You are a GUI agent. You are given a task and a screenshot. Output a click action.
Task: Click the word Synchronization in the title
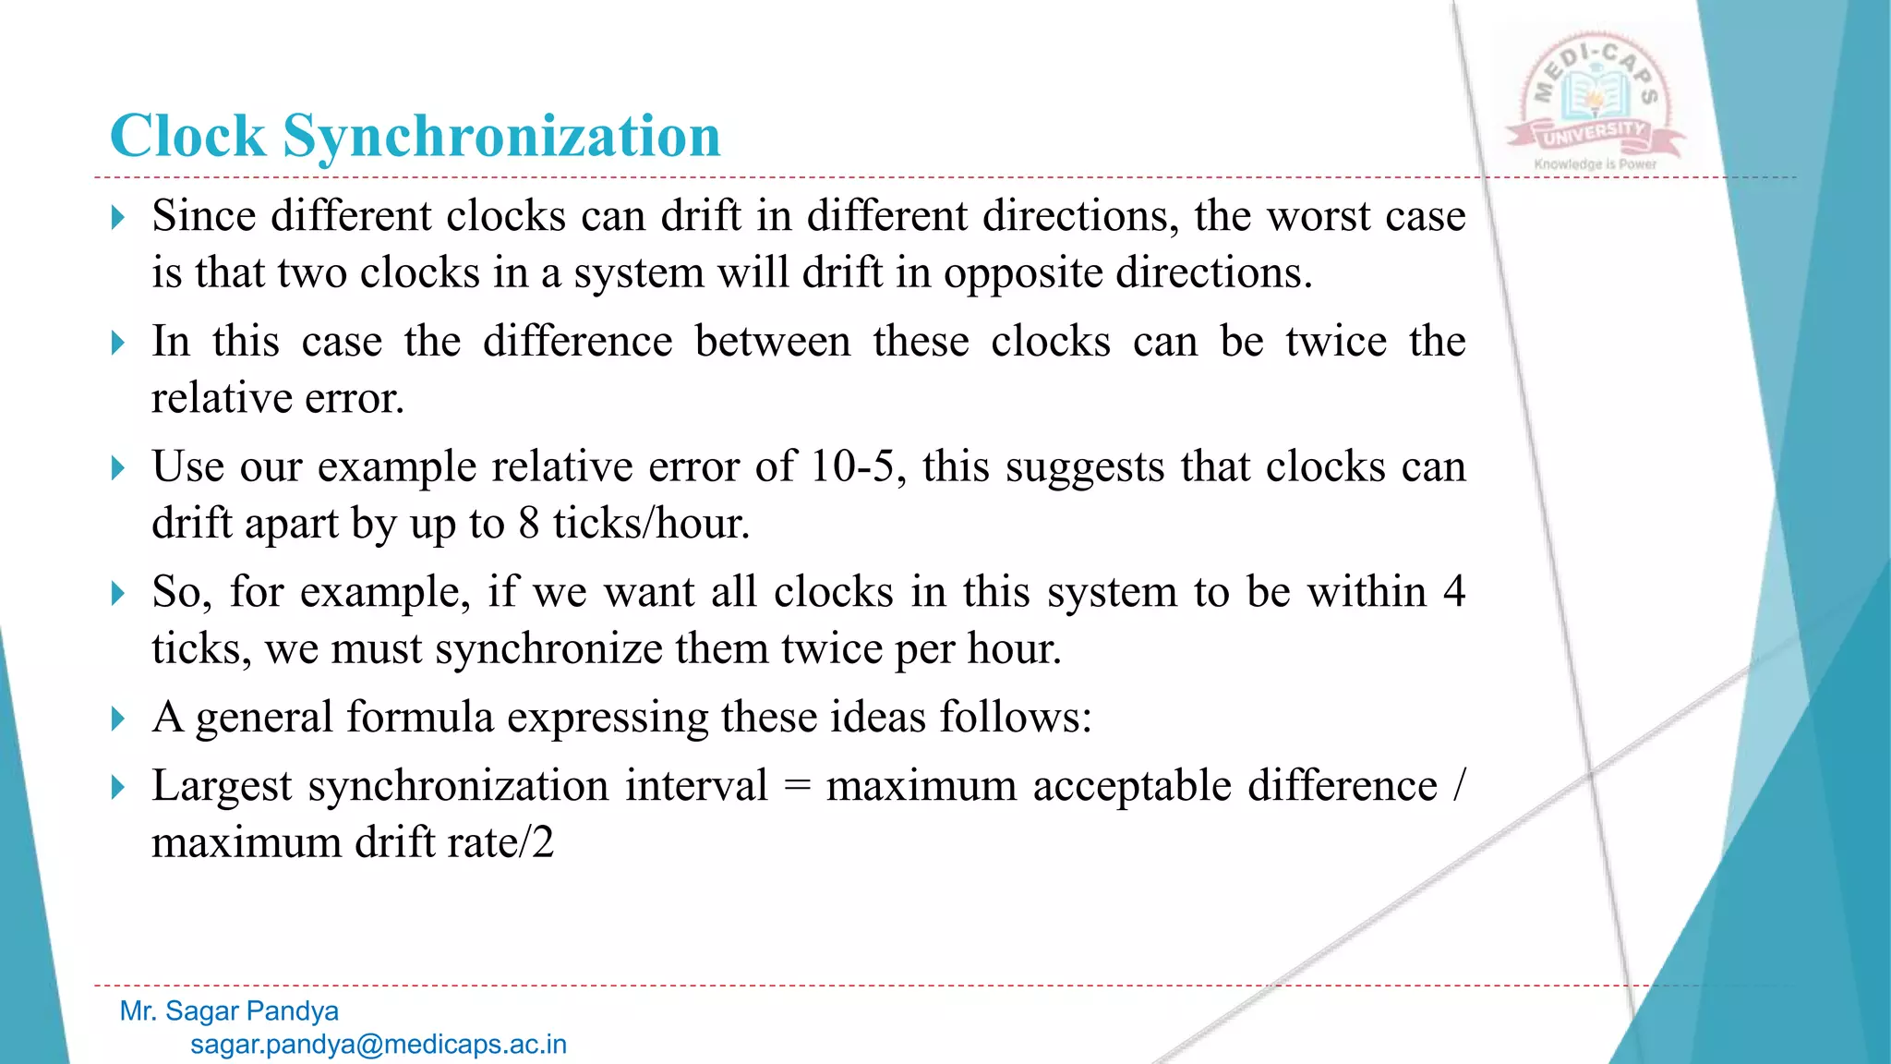tap(501, 137)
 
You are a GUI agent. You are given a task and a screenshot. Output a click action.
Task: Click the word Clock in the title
tap(187, 137)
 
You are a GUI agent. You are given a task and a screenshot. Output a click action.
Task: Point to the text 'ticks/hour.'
tap(651, 524)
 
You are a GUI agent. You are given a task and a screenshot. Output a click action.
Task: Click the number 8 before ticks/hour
tap(528, 524)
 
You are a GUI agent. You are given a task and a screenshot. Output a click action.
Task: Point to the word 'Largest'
tap(222, 787)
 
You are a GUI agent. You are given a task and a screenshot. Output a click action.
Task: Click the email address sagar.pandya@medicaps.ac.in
tap(379, 1045)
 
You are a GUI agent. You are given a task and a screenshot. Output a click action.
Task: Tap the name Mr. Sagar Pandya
tap(229, 1011)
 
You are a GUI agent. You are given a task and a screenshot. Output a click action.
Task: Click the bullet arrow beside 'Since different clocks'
tap(117, 218)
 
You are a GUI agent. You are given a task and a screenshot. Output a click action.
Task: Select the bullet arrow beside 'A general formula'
tap(117, 719)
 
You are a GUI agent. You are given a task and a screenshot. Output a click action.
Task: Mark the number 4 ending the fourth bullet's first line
tap(1453, 592)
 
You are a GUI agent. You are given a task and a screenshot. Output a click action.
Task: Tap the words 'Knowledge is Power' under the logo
tap(1595, 164)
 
